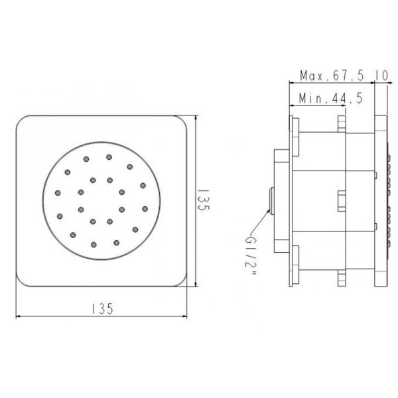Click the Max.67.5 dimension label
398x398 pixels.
(332, 76)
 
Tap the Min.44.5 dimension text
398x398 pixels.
(331, 98)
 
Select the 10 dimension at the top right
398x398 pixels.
(382, 76)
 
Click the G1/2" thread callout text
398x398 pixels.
(251, 255)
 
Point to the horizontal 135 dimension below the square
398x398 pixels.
(102, 308)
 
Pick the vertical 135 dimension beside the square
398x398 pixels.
(204, 200)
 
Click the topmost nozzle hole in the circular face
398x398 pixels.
(109, 157)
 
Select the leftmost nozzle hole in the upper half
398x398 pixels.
(58, 193)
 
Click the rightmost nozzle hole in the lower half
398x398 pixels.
(145, 209)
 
